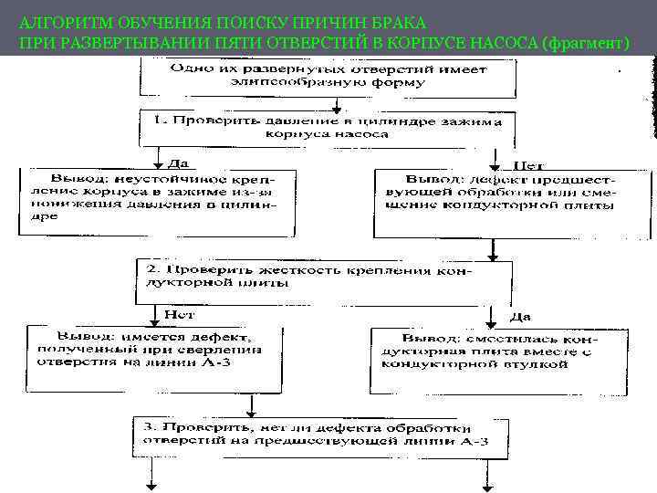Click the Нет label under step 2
[179, 314]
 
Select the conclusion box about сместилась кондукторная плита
[498, 350]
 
